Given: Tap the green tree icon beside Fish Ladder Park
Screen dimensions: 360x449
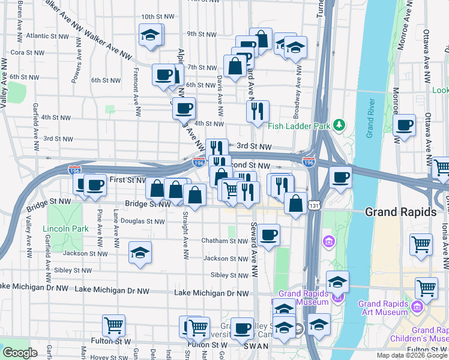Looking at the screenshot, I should coord(340,125).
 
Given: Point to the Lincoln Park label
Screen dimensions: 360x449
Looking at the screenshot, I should coord(65,229).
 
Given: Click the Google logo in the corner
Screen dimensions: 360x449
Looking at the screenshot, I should coord(20,353).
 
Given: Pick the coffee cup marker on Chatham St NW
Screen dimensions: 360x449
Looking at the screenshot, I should coord(269,234).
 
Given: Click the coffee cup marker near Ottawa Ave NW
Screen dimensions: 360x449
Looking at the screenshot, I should coord(405,125).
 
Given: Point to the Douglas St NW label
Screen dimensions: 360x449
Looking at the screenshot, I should coord(143,221).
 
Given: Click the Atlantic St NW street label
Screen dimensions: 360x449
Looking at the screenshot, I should coord(46,35).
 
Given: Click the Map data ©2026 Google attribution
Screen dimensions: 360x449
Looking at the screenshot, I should coord(411,355).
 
